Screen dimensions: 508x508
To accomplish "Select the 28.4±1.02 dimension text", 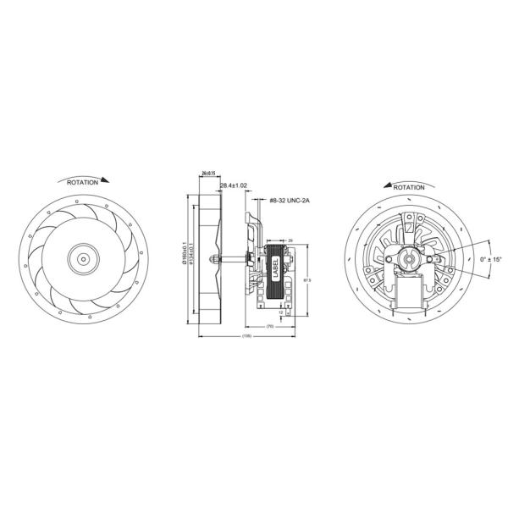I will [x=233, y=185].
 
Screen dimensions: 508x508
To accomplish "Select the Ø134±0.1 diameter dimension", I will [x=191, y=258].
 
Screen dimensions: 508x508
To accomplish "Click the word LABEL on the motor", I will [x=274, y=269].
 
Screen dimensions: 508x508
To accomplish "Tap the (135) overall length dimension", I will [x=246, y=337].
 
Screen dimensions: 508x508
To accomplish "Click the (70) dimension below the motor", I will [x=270, y=326].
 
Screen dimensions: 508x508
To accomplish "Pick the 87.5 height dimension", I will [x=307, y=279].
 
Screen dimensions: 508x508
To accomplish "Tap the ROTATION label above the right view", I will [x=409, y=186].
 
